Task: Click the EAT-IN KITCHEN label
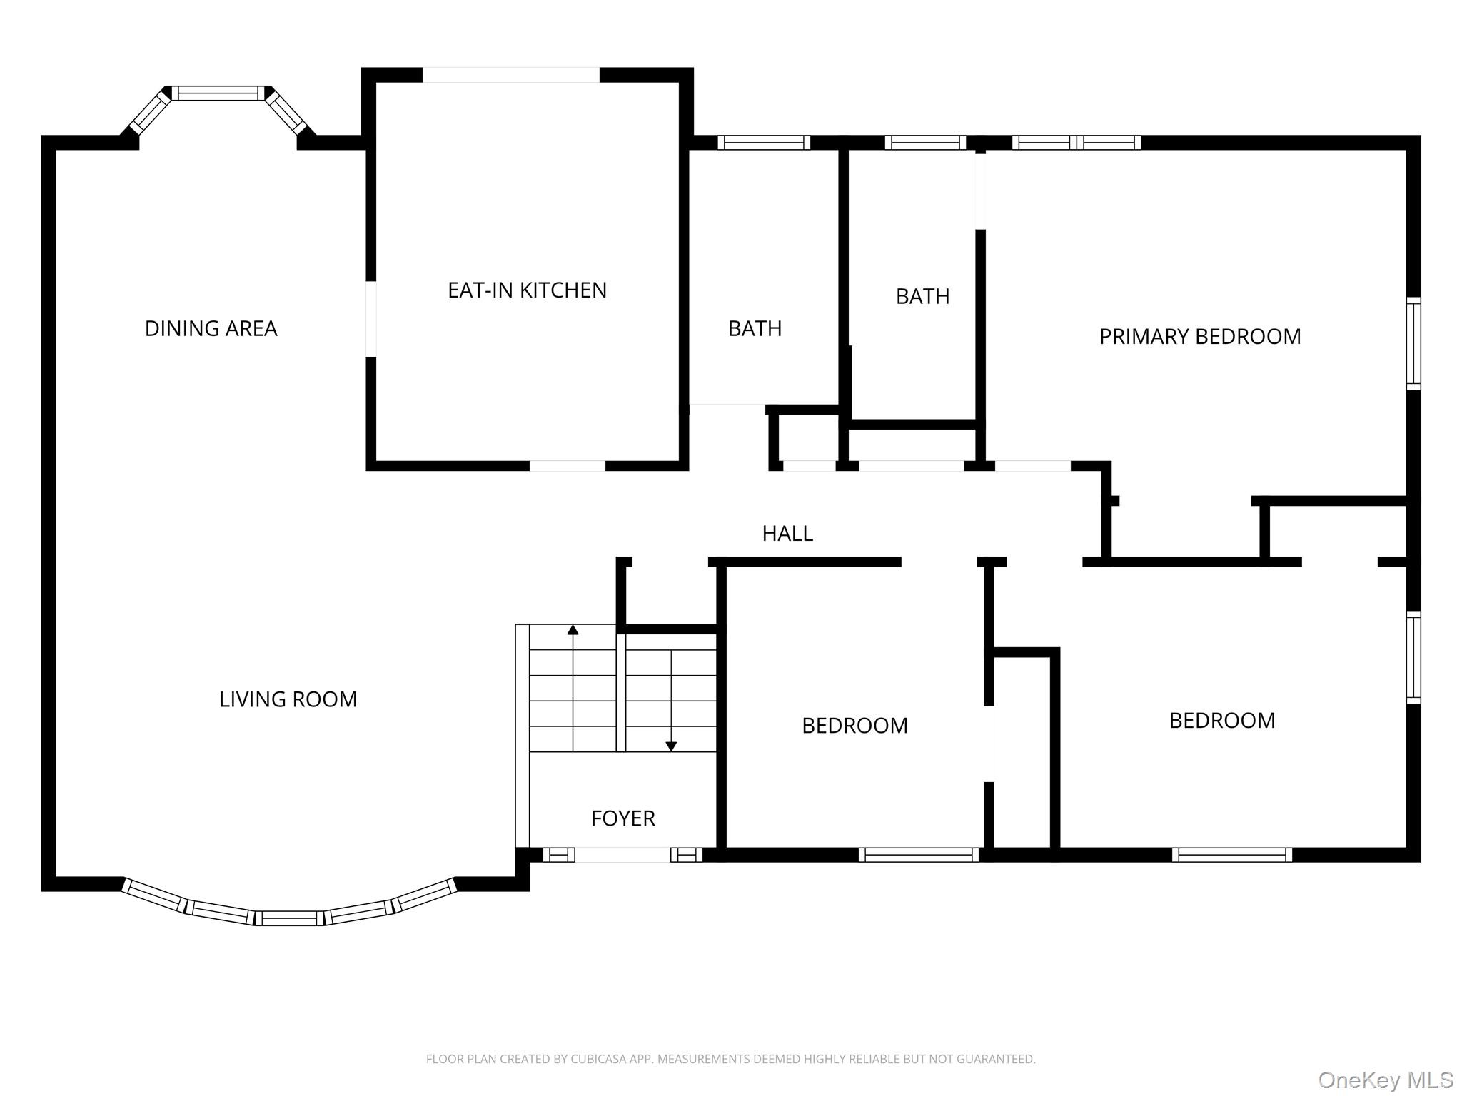527,290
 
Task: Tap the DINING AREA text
211,329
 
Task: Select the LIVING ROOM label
288,699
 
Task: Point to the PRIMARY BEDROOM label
1200,337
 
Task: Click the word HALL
787,534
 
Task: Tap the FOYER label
622,818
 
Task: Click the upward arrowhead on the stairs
573,629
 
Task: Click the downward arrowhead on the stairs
671,746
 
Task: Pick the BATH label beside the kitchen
755,329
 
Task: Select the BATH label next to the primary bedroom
922,297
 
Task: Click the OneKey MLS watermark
1386,1080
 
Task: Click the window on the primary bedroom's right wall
1413,343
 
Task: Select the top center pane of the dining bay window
218,93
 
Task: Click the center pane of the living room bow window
289,918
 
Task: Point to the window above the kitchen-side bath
764,143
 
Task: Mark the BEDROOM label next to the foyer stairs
854,726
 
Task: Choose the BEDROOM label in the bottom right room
1221,721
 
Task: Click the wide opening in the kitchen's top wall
511,75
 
